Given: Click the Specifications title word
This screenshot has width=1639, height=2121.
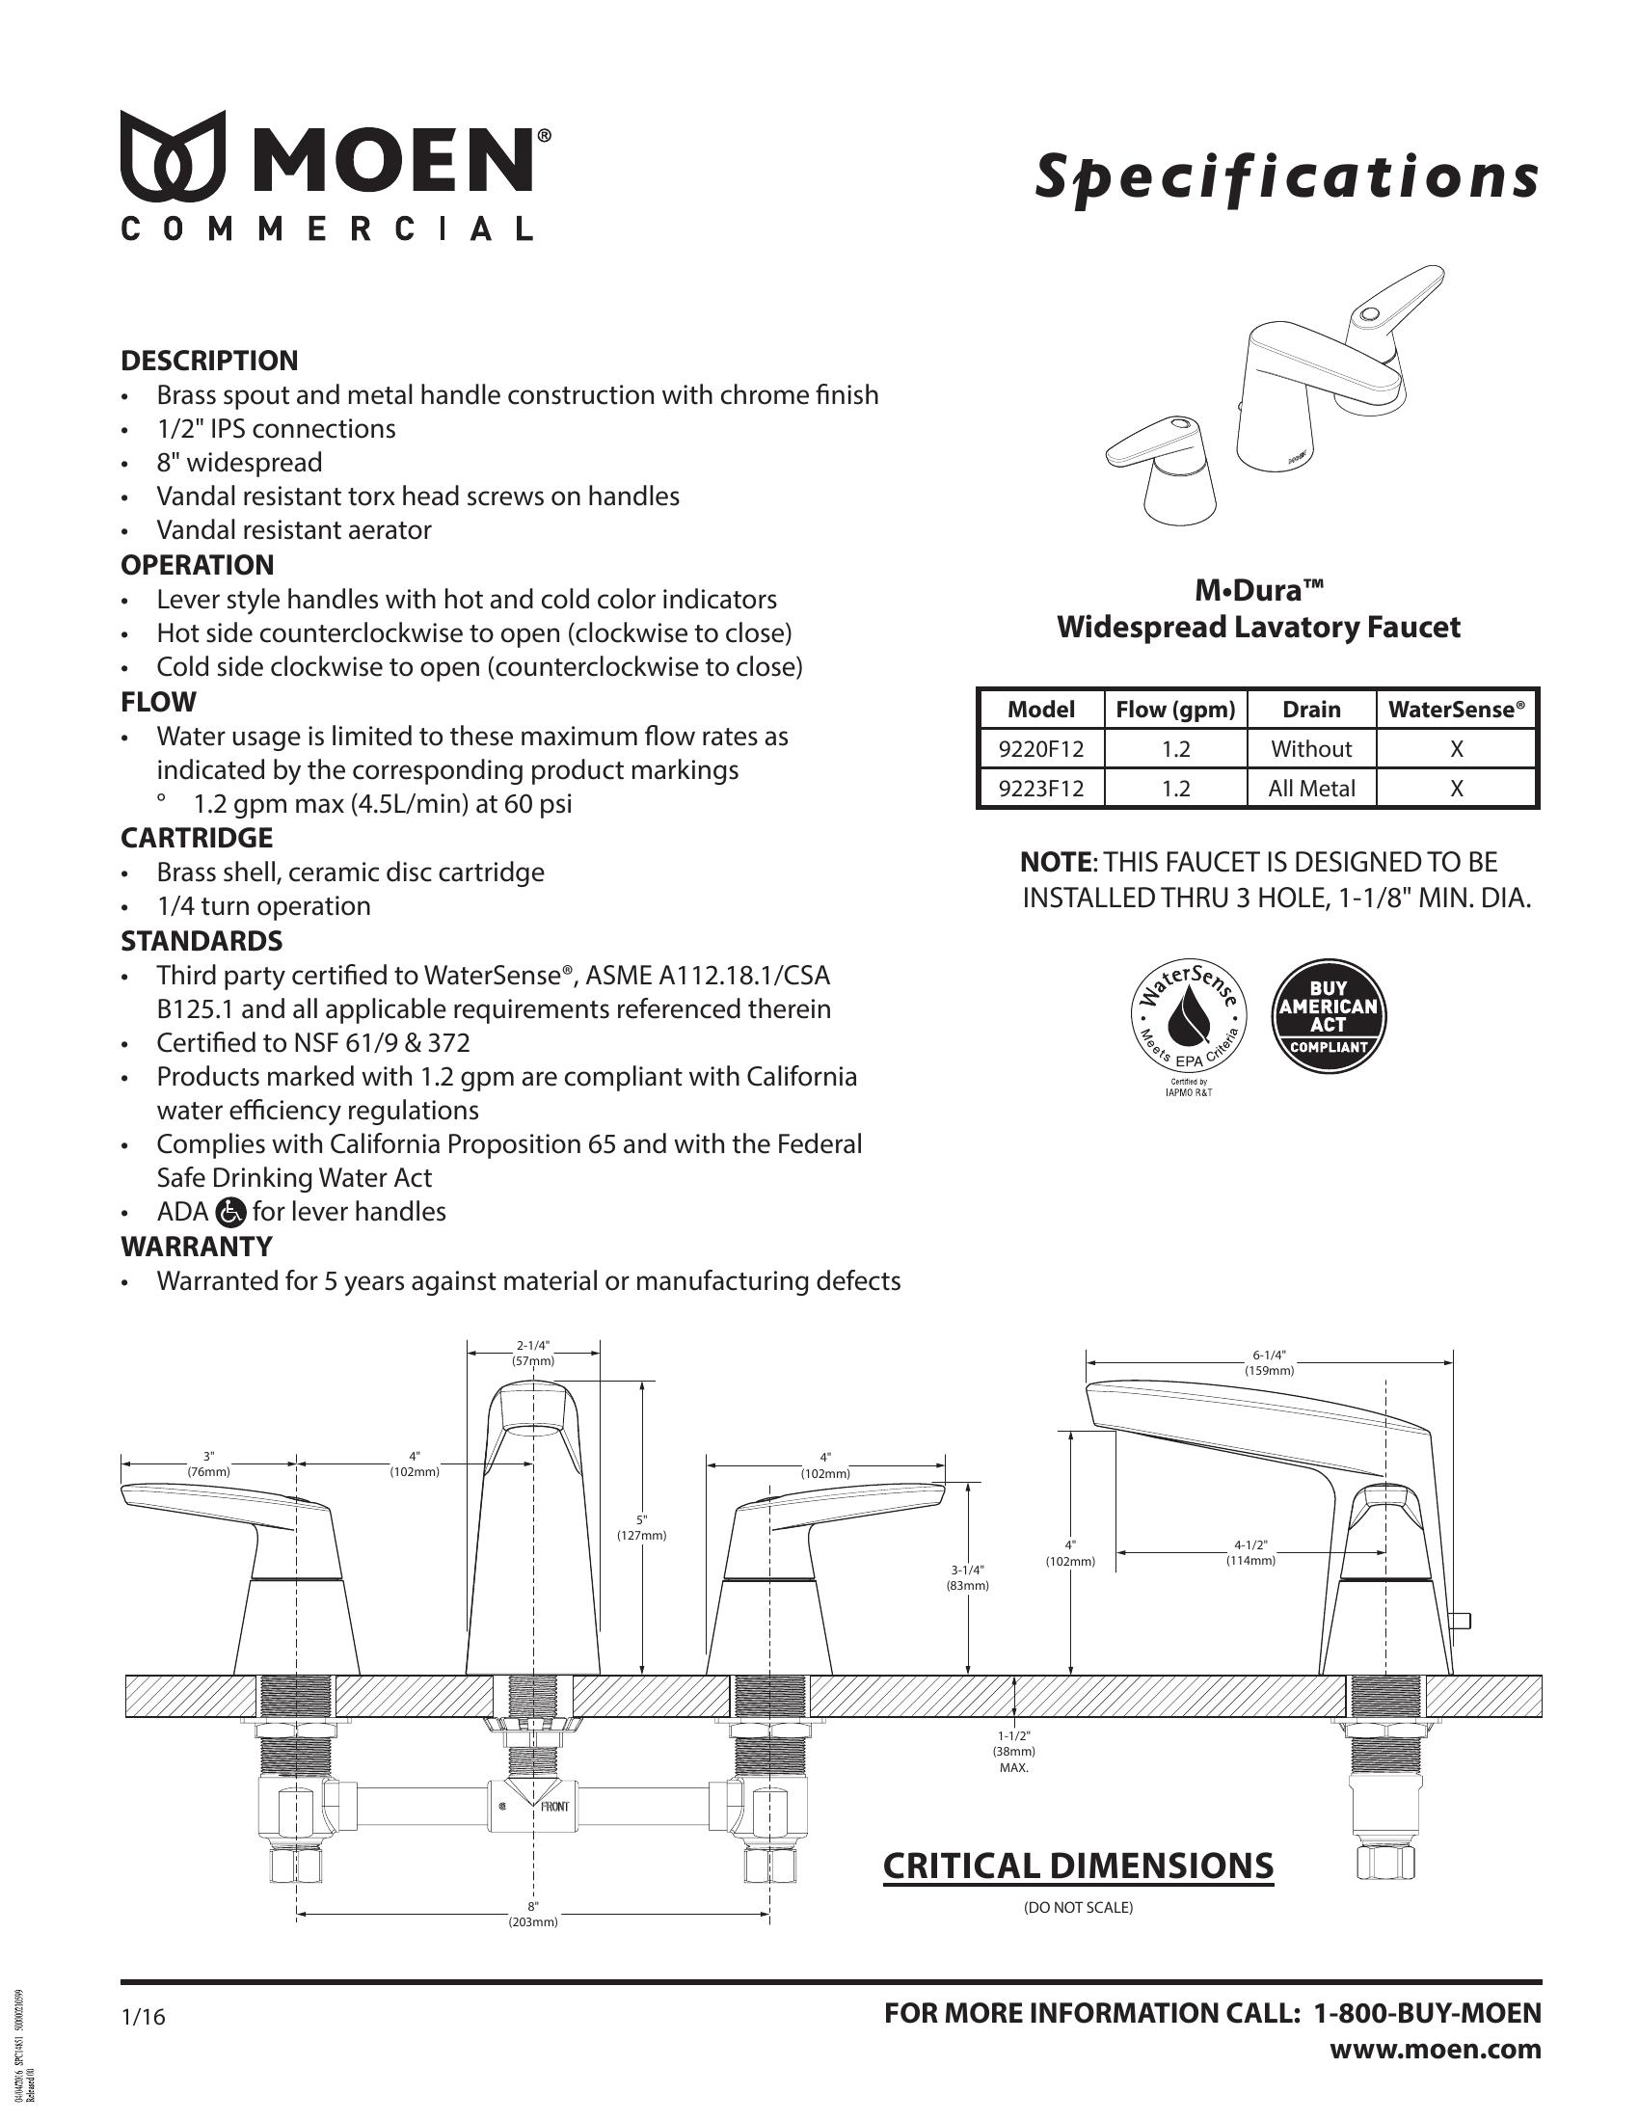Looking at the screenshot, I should coord(1286,177).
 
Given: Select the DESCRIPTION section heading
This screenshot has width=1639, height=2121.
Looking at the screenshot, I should coord(209,362).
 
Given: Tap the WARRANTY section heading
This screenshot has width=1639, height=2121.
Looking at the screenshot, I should coord(196,1246).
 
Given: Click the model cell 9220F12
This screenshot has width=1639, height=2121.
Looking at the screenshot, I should coord(1041,749).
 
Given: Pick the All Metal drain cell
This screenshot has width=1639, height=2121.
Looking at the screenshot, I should coord(1311,789).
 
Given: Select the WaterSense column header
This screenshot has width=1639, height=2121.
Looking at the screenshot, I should coord(1457,710).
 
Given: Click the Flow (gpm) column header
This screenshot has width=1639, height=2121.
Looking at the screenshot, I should coord(1175,710).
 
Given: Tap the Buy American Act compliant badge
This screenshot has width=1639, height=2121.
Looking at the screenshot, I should coord(1329,1017).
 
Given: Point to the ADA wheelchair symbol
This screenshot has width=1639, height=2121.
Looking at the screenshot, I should coord(232,1212).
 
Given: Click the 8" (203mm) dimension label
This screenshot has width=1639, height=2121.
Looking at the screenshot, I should coord(533,1914).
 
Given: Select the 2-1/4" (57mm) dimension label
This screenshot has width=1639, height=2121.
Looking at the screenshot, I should coord(533,1353).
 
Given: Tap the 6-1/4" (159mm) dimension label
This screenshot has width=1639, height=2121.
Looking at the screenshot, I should coord(1269,1362).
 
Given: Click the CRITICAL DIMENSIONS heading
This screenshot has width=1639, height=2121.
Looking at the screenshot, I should coord(1078,1866).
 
